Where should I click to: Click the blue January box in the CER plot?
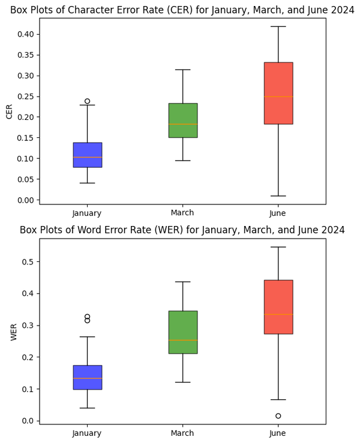tap(87, 155)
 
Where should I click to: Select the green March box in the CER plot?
tap(182, 120)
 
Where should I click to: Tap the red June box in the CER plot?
tap(278, 93)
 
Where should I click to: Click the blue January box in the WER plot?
tap(87, 377)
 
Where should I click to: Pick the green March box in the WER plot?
tap(182, 332)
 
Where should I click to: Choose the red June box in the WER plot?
tap(278, 306)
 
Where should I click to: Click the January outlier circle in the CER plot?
tap(87, 101)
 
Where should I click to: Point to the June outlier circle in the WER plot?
tap(278, 416)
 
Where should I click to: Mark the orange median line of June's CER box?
tap(278, 97)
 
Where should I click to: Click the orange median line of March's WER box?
tap(182, 340)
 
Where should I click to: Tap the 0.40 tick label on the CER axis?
tap(25, 34)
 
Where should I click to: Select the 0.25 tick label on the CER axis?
tap(25, 97)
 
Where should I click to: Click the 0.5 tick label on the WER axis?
tap(28, 262)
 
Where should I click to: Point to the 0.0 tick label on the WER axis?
tap(28, 421)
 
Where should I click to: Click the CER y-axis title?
tap(9, 111)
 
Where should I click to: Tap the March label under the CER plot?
tap(182, 213)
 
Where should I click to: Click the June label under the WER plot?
tap(278, 433)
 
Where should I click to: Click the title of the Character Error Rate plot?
tap(182, 10)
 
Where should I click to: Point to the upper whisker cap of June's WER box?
tap(278, 247)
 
